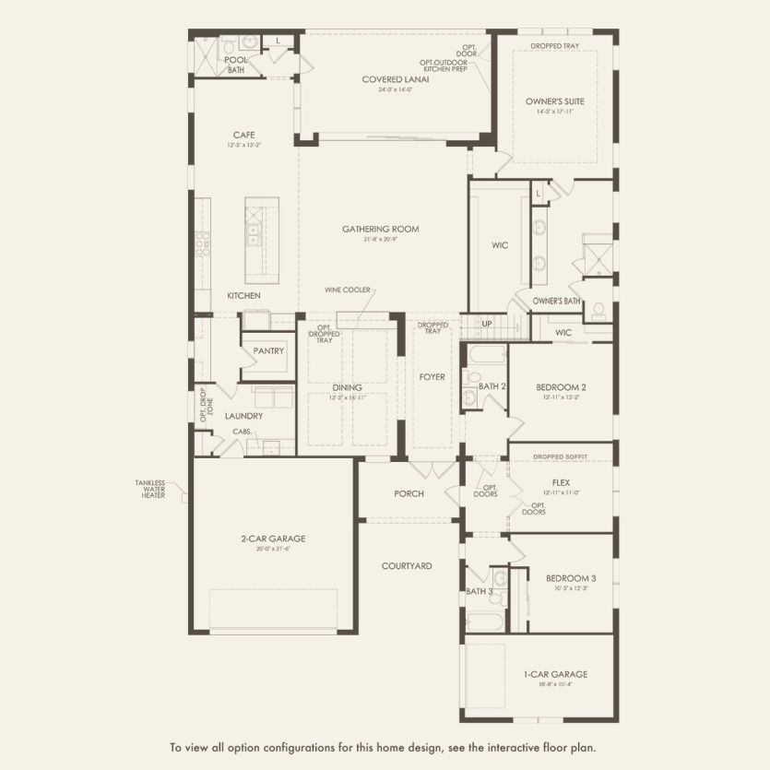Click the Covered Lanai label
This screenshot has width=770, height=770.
395,79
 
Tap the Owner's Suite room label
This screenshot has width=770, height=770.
555,101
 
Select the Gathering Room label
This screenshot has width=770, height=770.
381,229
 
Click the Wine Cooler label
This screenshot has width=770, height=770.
347,290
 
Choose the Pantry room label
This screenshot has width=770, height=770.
269,350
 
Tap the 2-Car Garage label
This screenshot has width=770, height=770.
273,539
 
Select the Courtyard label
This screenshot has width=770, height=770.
407,565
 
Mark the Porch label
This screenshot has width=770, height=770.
409,493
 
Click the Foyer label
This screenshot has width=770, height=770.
432,376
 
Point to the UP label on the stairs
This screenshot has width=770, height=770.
486,324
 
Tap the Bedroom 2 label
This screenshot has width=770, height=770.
562,386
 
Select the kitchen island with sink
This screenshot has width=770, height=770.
261,241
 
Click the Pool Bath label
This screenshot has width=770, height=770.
236,64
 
